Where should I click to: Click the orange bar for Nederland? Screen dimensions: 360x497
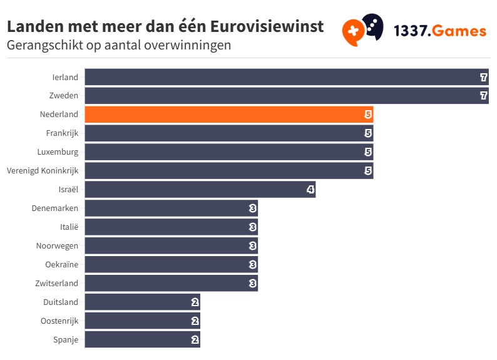[x=228, y=115]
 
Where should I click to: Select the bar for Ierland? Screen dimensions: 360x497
[x=286, y=77]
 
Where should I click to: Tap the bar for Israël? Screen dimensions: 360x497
[x=200, y=190]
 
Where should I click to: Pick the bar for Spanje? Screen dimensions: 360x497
[x=142, y=339]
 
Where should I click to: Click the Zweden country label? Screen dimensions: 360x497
[x=63, y=96]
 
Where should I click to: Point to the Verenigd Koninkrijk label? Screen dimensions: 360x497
[x=43, y=170]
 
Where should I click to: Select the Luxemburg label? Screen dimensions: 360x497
[x=59, y=152]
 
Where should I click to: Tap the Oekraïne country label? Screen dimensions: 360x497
[x=62, y=264]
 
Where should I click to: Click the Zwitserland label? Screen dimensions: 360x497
[x=57, y=283]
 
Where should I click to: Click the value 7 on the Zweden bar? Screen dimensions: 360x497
[x=483, y=96]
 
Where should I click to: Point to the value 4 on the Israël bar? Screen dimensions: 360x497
[x=310, y=190]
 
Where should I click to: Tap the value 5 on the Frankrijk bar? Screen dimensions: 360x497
[x=368, y=133]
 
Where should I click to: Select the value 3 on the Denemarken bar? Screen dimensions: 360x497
[x=252, y=208]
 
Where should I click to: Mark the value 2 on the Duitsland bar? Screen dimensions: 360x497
[x=195, y=302]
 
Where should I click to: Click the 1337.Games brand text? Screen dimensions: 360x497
[x=439, y=31]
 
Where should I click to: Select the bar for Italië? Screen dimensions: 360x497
[x=171, y=227]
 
